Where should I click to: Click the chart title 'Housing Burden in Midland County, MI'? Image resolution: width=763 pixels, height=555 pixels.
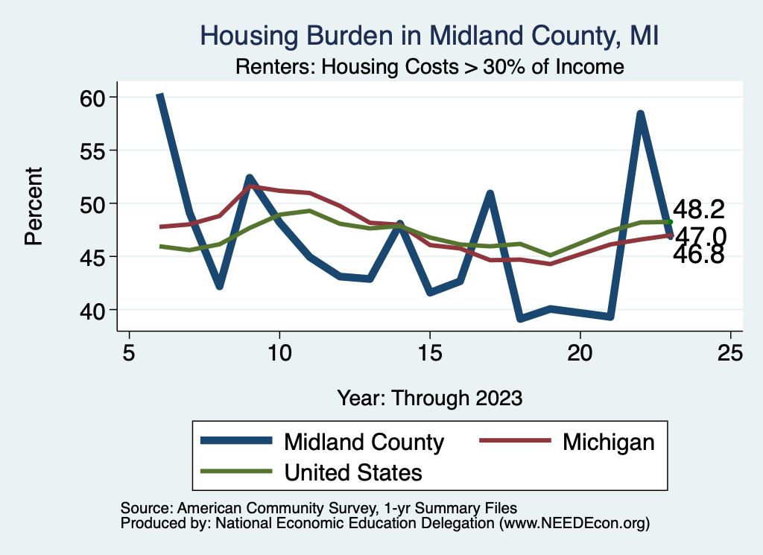(430, 35)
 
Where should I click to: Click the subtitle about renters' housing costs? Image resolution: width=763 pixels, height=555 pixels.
(429, 67)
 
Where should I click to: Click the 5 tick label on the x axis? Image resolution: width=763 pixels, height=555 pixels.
(129, 353)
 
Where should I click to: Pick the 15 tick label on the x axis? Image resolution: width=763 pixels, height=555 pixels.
(429, 353)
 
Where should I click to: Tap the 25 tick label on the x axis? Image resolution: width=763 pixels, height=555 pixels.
(730, 353)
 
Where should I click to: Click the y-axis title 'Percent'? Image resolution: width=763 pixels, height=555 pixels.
(34, 204)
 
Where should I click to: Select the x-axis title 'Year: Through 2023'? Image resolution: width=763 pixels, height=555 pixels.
(429, 397)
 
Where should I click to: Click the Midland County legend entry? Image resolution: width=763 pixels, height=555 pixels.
(364, 442)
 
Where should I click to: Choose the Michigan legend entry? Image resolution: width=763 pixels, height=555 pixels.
(608, 442)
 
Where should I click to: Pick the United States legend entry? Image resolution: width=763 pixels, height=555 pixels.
(353, 472)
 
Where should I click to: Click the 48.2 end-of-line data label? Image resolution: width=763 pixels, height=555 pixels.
(699, 209)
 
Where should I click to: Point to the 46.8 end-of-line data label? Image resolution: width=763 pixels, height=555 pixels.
(699, 256)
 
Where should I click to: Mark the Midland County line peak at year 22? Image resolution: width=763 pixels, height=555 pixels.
(640, 114)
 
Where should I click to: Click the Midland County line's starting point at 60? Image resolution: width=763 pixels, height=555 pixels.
(159, 96)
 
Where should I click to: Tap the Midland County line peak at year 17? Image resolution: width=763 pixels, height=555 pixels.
(490, 194)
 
